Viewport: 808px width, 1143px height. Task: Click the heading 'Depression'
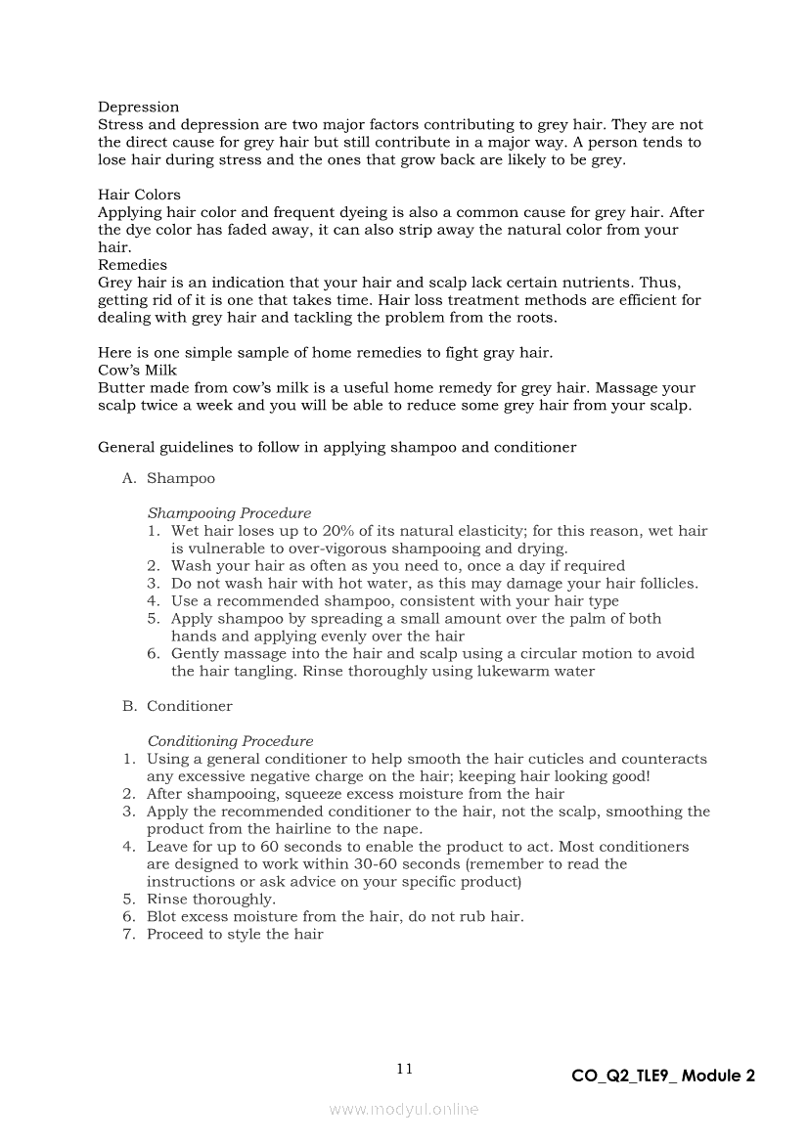(x=138, y=107)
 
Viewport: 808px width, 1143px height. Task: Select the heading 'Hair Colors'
(x=139, y=195)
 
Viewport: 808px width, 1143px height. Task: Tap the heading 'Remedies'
(x=132, y=265)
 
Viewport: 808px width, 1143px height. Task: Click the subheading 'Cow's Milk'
(x=137, y=371)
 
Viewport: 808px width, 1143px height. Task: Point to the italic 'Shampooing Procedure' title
(x=229, y=513)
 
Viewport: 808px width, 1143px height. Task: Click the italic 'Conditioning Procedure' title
(x=230, y=741)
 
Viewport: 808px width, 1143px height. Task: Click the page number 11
(x=404, y=1069)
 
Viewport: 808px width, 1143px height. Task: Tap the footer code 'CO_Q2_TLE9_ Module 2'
(x=663, y=1077)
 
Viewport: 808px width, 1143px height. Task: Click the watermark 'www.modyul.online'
(x=404, y=1110)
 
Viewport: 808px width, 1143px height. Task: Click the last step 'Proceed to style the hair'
(x=235, y=935)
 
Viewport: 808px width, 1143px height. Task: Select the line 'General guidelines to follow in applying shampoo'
(x=337, y=448)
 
